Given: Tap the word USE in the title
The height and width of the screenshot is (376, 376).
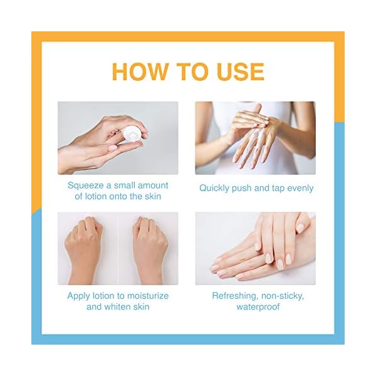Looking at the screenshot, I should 236,71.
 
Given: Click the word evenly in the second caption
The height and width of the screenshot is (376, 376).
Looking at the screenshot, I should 298,188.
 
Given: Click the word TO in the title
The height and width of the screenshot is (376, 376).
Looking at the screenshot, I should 189,71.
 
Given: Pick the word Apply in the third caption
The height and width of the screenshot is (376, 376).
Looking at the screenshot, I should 79,295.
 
